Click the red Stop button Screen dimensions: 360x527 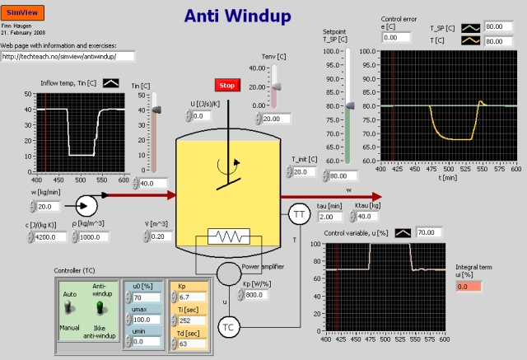coord(226,86)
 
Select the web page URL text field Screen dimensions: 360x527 coord(68,57)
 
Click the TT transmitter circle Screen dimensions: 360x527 coord(297,215)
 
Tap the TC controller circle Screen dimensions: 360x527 coord(229,328)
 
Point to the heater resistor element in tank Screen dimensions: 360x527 coord(224,237)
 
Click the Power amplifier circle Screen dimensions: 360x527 coord(228,273)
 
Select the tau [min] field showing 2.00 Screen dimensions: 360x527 coord(329,217)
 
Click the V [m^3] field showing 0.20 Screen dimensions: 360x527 coord(161,236)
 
